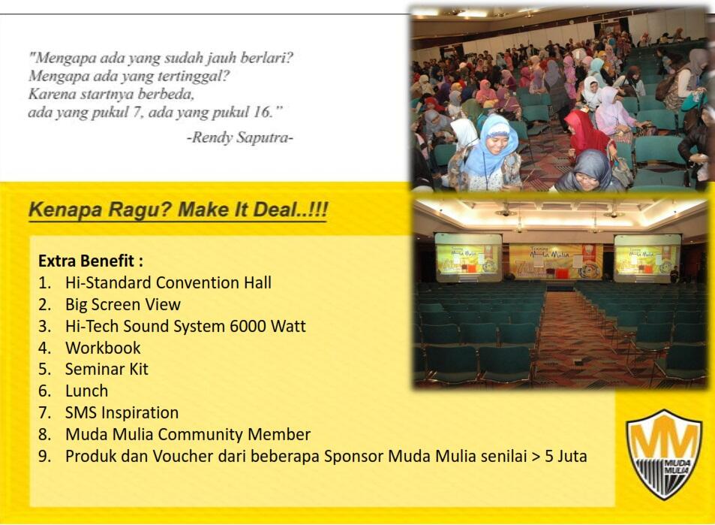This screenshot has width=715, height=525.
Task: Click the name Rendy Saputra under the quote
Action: [240, 137]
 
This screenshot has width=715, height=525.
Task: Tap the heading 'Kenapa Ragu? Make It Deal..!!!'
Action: [178, 210]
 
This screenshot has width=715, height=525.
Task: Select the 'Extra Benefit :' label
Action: [91, 261]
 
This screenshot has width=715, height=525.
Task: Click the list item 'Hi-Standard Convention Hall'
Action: [168, 282]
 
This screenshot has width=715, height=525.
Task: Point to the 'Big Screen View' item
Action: [122, 304]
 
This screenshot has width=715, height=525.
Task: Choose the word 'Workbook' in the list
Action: [103, 348]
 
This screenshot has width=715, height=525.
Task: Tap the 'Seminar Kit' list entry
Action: [107, 369]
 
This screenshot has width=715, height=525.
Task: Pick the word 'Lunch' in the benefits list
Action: [86, 391]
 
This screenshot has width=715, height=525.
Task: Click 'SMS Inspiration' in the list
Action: [122, 412]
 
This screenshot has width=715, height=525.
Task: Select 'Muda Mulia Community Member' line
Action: [188, 434]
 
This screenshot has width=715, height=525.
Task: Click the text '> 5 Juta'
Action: [559, 456]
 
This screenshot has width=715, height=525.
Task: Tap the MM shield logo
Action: [665, 455]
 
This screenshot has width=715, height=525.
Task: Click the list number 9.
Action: [45, 456]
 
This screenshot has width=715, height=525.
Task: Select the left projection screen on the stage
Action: [468, 257]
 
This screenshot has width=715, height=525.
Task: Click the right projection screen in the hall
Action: [647, 258]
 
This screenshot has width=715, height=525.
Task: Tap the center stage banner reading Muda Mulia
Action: [555, 261]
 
